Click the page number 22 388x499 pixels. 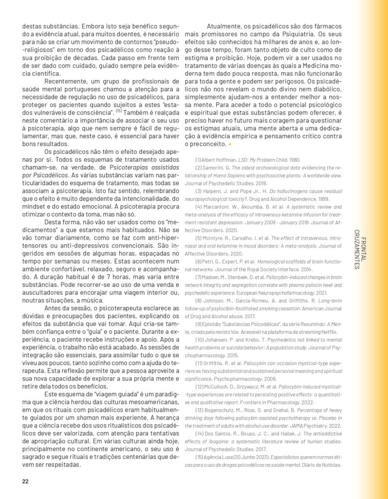pyautogui.click(x=25, y=482)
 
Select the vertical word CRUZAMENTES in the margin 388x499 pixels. pyautogui.click(x=357, y=249)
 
